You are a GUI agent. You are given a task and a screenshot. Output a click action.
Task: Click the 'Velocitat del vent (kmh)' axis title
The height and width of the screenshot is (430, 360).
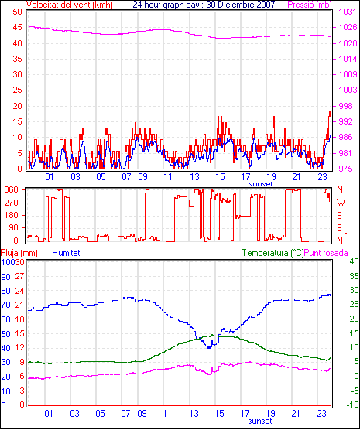(70, 5)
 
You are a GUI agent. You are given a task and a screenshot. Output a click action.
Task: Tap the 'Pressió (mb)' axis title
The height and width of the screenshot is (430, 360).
(310, 5)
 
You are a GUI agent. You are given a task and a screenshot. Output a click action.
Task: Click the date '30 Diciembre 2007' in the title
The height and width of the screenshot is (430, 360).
(241, 5)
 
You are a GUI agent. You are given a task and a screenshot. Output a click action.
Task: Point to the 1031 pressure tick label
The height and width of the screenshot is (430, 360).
(348, 12)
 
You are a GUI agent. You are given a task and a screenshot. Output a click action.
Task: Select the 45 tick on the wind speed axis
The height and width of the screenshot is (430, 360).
(17, 27)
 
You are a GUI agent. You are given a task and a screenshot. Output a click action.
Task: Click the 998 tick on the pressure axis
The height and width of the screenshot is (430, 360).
(346, 106)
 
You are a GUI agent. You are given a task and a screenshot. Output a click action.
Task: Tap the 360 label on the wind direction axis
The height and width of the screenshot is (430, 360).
(12, 189)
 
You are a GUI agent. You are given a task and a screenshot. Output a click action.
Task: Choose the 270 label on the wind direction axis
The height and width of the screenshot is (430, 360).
(12, 203)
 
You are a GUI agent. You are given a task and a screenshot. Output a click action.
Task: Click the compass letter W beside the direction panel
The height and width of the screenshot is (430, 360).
(341, 203)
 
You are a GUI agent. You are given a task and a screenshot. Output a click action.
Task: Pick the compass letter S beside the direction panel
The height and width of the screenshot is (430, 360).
(339, 216)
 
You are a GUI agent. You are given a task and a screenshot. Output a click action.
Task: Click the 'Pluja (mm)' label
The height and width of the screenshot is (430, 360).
(19, 253)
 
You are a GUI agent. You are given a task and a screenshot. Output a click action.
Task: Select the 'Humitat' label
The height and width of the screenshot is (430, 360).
(66, 253)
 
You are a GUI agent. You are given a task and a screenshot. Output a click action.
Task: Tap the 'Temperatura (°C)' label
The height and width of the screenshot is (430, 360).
(273, 253)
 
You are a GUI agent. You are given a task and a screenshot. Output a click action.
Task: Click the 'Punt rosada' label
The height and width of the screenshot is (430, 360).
(326, 253)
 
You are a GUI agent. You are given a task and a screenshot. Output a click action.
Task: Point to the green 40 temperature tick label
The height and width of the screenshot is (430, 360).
(354, 261)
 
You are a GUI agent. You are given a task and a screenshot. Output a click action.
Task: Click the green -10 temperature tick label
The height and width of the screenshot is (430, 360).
(353, 404)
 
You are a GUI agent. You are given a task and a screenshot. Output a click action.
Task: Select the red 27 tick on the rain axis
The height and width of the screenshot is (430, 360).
(19, 276)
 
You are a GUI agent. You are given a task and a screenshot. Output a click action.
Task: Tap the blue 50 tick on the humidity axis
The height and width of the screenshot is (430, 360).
(5, 334)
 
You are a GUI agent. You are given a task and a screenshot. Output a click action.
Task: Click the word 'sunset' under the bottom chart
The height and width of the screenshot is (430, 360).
(260, 421)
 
